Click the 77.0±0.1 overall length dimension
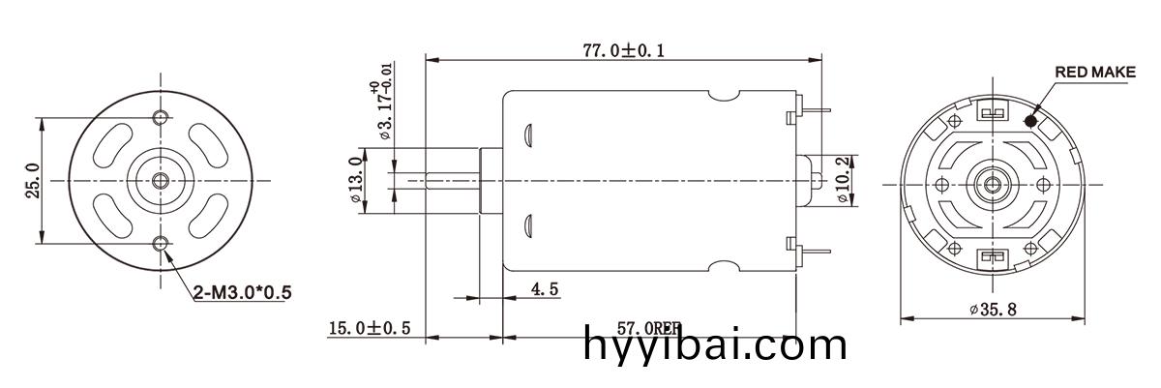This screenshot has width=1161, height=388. [622, 50]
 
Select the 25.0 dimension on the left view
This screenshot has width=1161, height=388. [31, 180]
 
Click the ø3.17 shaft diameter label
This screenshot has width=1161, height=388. [382, 109]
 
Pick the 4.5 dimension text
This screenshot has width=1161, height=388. [545, 289]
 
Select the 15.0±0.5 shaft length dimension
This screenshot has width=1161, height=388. [370, 329]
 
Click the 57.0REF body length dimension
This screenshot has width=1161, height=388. [648, 329]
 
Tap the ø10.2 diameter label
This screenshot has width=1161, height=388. [843, 180]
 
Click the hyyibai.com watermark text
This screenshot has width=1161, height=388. [715, 345]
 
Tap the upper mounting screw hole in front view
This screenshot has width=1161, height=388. [161, 118]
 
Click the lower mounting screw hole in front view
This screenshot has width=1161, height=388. [161, 244]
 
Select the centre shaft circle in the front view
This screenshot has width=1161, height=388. [161, 181]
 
